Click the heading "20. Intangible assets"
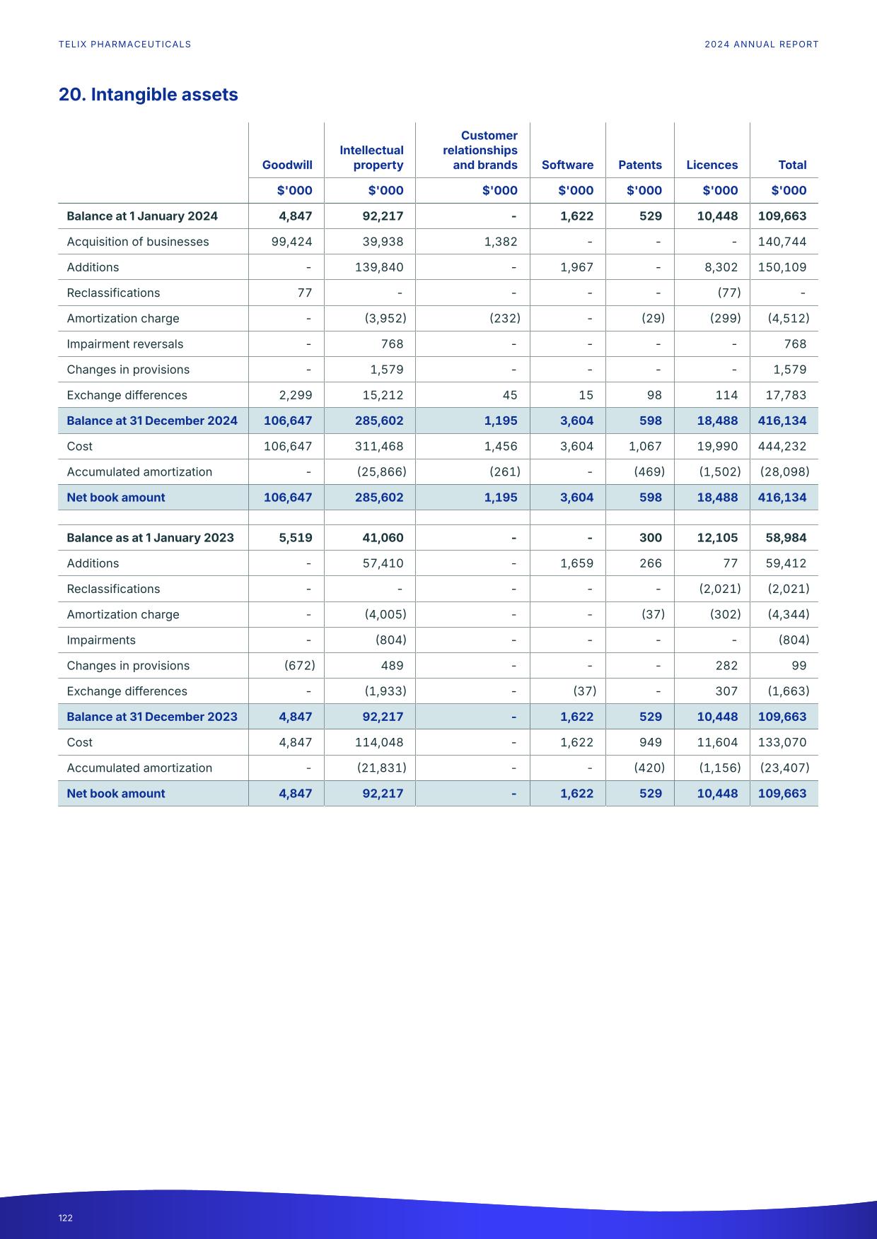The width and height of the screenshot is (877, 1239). pyautogui.click(x=148, y=95)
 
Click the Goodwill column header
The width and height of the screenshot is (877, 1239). pyautogui.click(x=287, y=165)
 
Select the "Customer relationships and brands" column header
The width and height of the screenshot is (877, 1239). pyautogui.click(x=480, y=150)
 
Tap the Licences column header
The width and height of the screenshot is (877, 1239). pyautogui.click(x=712, y=165)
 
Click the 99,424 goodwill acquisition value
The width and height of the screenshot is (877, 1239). pyautogui.click(x=291, y=242)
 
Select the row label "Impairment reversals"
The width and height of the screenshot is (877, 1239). pyautogui.click(x=124, y=344)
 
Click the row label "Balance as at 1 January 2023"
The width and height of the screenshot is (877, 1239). pyautogui.click(x=150, y=538)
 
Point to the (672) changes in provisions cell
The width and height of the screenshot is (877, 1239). pyautogui.click(x=299, y=666)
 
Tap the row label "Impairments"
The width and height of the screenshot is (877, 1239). pyautogui.click(x=101, y=640)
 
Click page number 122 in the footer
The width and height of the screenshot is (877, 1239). pyautogui.click(x=66, y=1218)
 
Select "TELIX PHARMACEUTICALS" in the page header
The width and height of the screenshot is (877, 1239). pyautogui.click(x=124, y=45)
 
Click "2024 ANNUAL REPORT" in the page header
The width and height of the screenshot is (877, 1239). pyautogui.click(x=761, y=45)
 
